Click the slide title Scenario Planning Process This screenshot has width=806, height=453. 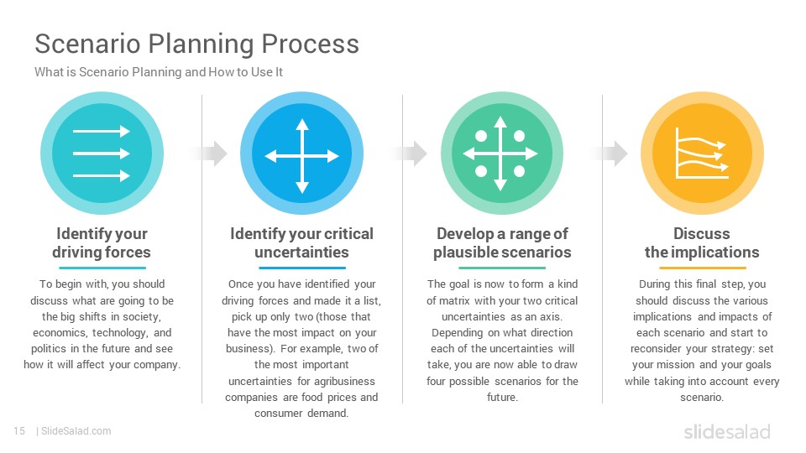tap(196, 44)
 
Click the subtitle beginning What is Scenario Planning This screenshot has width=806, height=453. tap(159, 72)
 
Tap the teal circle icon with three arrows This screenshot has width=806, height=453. tap(102, 153)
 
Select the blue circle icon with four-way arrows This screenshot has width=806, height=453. tap(301, 153)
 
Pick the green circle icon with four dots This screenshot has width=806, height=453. tap(502, 153)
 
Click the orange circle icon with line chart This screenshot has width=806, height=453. tap(702, 153)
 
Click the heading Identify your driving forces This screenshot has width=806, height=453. tap(102, 243)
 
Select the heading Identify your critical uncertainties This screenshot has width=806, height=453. tap(301, 243)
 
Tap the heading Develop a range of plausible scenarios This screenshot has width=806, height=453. tap(502, 243)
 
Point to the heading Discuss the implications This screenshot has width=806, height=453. tap(702, 243)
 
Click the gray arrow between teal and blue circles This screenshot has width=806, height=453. tap(209, 153)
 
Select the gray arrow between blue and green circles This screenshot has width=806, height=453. tap(409, 153)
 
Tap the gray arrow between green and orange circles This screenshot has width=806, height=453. tap(610, 153)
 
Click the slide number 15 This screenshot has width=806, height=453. tap(19, 431)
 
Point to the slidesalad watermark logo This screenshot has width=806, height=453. tap(727, 432)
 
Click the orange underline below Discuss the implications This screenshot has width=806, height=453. tap(702, 268)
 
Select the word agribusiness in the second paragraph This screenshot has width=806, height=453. tap(344, 381)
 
